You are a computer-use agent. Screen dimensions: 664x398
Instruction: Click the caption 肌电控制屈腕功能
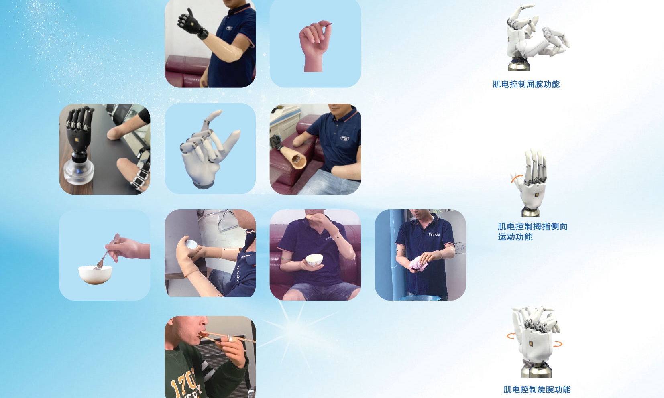[526, 85]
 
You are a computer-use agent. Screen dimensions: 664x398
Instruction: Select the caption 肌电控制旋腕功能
[537, 390]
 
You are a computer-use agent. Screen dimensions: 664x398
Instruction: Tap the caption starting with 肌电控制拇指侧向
[533, 232]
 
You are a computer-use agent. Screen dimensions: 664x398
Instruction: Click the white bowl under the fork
[95, 275]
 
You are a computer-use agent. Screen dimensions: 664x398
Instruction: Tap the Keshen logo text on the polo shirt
[434, 234]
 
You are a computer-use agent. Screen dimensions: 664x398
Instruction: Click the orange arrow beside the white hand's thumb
[516, 178]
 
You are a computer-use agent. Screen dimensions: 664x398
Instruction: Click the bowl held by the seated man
[314, 260]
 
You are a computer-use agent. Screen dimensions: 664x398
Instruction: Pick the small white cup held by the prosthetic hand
[191, 244]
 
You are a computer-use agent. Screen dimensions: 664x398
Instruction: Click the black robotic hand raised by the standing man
[191, 24]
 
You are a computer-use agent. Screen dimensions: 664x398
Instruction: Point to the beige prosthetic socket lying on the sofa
[293, 157]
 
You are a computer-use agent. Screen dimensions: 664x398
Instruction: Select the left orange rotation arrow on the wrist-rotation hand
[511, 336]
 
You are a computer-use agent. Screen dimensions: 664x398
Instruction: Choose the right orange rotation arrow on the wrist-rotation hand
[558, 344]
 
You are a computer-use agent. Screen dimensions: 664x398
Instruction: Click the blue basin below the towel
[420, 298]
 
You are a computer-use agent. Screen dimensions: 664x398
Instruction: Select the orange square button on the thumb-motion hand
[537, 195]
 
